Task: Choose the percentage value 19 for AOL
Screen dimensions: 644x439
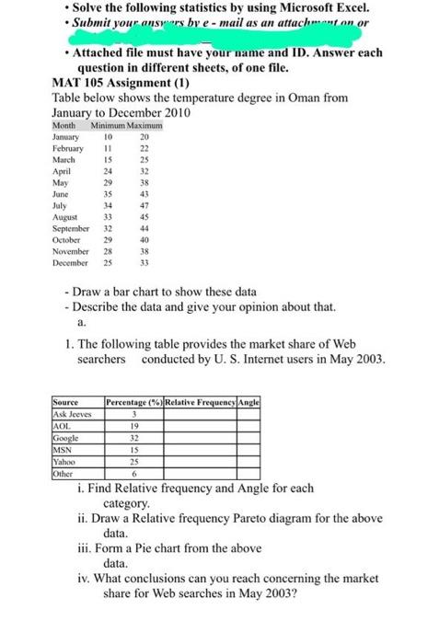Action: coord(136,428)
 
